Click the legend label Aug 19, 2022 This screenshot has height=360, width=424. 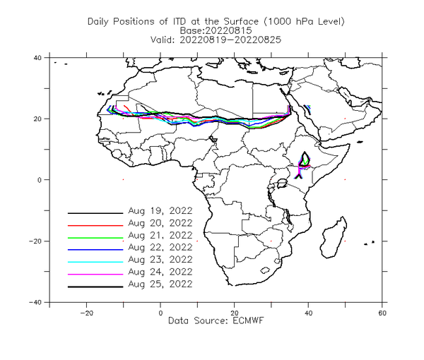click(160, 211)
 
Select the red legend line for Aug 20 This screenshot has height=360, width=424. click(95, 225)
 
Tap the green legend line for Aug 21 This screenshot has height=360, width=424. click(95, 238)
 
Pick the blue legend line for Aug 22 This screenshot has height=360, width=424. click(95, 250)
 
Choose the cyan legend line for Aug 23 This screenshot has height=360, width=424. click(95, 262)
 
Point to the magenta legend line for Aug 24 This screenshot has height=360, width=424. click(95, 275)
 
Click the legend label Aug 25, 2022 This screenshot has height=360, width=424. click(160, 284)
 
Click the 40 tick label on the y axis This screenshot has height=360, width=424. click(37, 57)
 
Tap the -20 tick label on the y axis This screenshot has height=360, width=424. click(35, 241)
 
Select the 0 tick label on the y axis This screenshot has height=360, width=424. click(40, 180)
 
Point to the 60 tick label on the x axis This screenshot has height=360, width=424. click(382, 313)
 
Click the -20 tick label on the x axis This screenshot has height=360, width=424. click(86, 313)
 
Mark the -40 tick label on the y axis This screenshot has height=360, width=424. click(35, 302)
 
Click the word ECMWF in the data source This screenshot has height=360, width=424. click(248, 321)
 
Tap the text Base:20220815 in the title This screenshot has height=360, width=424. click(216, 30)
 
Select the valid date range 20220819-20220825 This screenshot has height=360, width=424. click(230, 40)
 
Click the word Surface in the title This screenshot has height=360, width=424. click(241, 21)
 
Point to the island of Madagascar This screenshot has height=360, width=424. click(333, 238)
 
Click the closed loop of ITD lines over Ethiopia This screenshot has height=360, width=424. click(305, 159)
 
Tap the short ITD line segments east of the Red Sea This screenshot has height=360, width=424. click(307, 109)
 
